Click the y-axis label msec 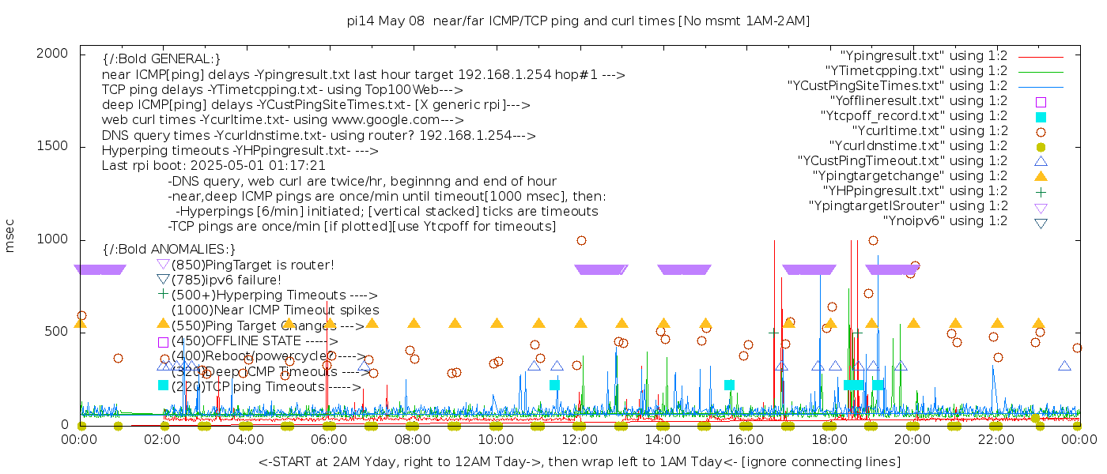(x=10, y=235)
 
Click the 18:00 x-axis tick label (x=829, y=439)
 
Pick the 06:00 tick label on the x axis (x=330, y=439)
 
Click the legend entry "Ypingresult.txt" (x=924, y=56)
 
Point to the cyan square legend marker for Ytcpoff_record (x=1041, y=117)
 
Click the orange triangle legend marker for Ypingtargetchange (x=1041, y=176)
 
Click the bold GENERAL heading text (x=161, y=59)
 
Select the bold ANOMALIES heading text (x=169, y=250)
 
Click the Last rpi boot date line (x=213, y=166)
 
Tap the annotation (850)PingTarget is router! (x=252, y=265)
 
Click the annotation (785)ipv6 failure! (x=226, y=280)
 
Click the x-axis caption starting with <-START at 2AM (x=579, y=461)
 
